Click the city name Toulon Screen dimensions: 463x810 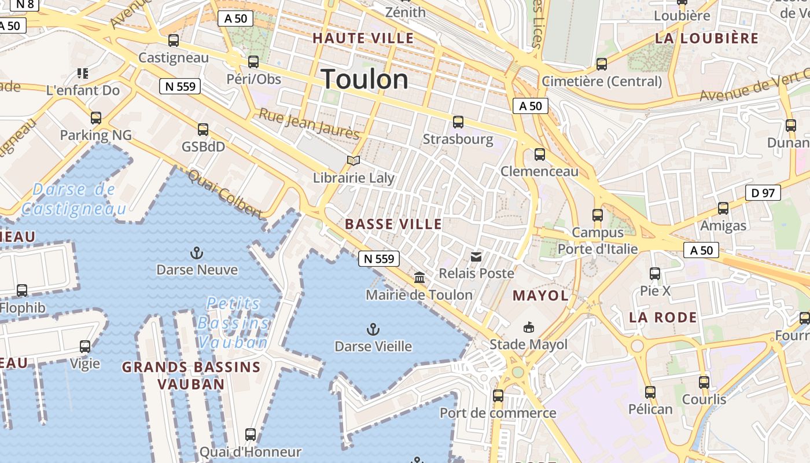tap(365, 79)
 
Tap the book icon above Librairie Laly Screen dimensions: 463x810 tap(354, 160)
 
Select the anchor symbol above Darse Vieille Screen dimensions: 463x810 tap(373, 330)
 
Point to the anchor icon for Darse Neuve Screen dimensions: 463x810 tap(197, 253)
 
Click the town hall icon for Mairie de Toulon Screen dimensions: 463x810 tap(419, 278)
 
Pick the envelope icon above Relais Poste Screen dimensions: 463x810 tap(476, 256)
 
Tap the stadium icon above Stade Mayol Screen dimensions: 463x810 tap(528, 328)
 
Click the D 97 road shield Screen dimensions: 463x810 tap(763, 193)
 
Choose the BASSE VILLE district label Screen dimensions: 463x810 tap(393, 225)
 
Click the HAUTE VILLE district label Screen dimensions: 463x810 tap(363, 39)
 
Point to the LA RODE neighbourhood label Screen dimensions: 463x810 tap(663, 317)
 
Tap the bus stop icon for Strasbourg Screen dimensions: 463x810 tap(458, 122)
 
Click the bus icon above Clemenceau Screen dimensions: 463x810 tap(540, 155)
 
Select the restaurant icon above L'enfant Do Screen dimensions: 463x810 tap(83, 74)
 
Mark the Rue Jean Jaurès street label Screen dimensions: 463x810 tap(309, 123)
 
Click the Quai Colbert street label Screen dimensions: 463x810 tap(225, 194)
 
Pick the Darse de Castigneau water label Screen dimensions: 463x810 tap(73, 199)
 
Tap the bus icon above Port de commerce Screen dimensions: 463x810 tap(498, 396)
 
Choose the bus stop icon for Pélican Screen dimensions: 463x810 tap(650, 392)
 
